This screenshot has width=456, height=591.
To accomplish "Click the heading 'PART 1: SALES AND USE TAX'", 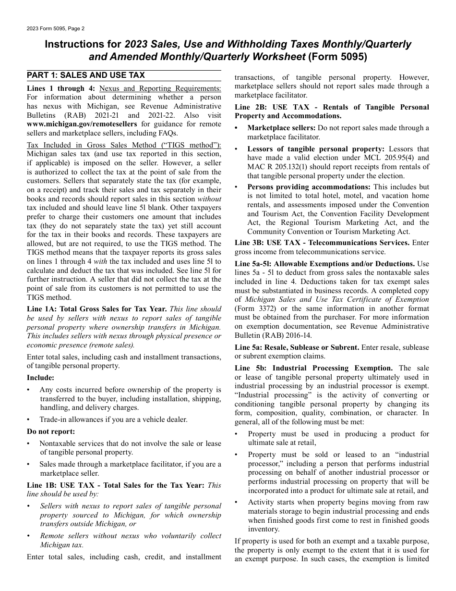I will tap(85, 75).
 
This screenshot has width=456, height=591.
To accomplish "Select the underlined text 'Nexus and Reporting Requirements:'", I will tap(160, 88).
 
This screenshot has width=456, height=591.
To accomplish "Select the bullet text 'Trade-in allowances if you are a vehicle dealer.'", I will tap(113, 419).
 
